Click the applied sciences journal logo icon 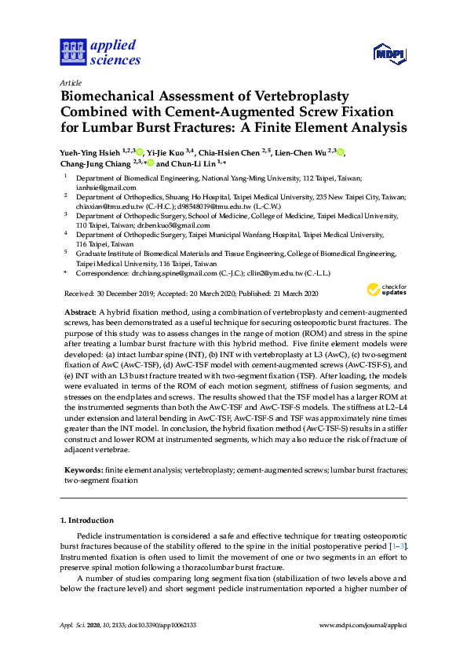72,50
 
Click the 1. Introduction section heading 87,520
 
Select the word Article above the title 71,82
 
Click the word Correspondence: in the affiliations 101,272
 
